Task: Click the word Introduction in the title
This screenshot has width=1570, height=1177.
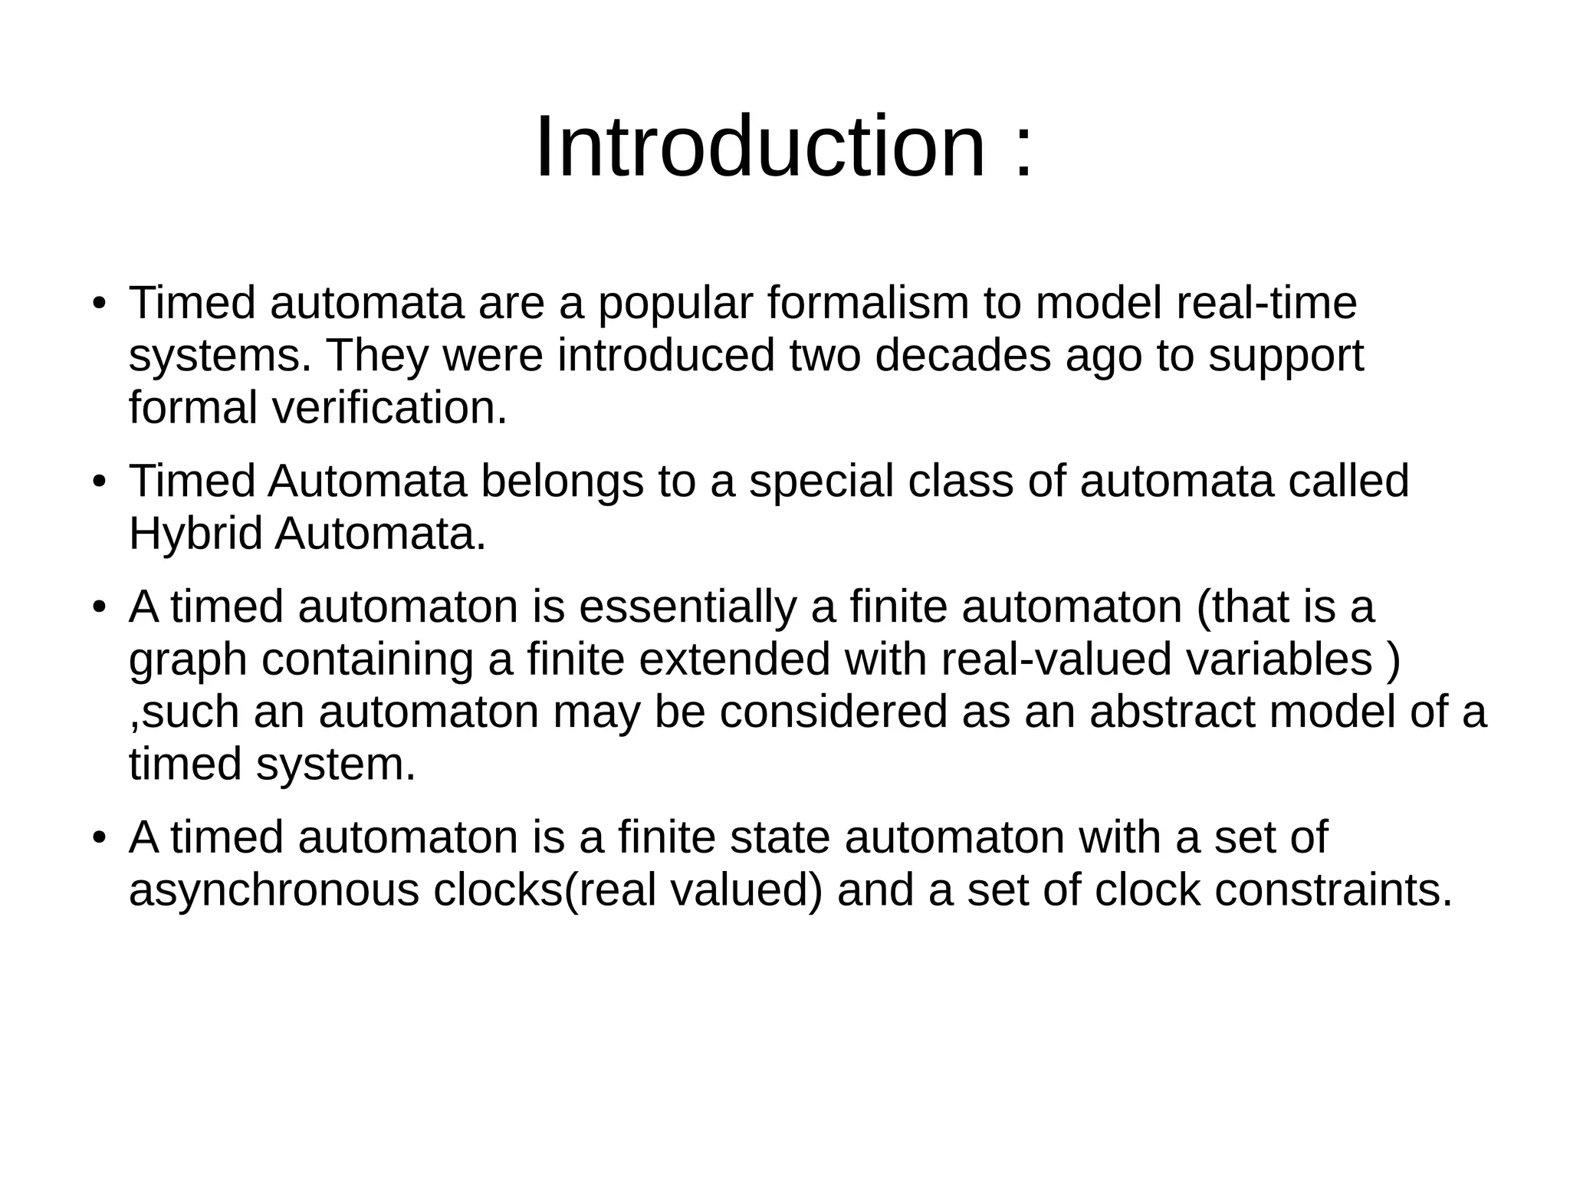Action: [759, 146]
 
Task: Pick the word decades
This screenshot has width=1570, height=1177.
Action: [963, 356]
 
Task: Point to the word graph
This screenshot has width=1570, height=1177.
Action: [187, 661]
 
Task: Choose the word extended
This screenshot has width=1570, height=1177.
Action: [734, 659]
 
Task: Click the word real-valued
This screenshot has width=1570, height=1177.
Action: [1056, 659]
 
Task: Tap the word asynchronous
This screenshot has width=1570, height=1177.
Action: [274, 891]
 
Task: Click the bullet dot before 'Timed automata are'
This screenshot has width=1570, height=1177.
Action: [98, 305]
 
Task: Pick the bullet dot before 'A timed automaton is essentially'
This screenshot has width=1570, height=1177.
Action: [98, 609]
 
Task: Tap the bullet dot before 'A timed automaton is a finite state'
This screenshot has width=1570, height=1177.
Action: [98, 839]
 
